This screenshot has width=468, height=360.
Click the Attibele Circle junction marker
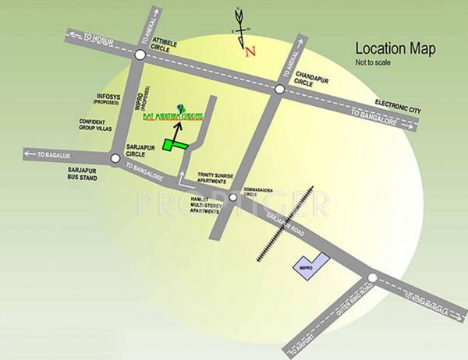click(x=139, y=55)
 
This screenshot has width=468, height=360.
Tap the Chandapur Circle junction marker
click(x=279, y=89)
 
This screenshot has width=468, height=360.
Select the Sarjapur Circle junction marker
click(x=115, y=158)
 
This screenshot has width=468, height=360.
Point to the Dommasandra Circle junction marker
click(x=232, y=198)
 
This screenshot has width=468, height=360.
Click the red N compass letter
click(x=250, y=52)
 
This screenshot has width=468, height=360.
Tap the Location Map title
click(x=395, y=48)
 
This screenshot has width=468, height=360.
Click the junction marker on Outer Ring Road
click(x=372, y=278)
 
